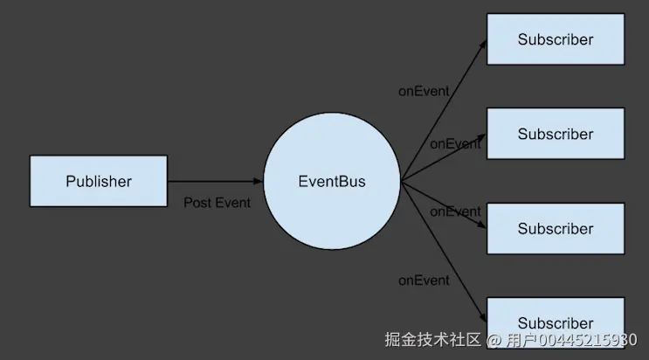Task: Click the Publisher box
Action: tap(99, 182)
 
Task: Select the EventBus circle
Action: tap(332, 182)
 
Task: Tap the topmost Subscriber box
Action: tap(556, 39)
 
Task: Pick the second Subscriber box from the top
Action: tap(556, 134)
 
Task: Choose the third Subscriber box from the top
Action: tap(556, 229)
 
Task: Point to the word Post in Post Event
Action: tap(198, 203)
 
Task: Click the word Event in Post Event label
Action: tap(232, 203)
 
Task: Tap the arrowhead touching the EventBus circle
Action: tap(258, 181)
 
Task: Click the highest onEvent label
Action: tap(424, 91)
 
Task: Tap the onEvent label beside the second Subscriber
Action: tap(454, 143)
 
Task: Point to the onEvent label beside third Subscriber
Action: tap(455, 211)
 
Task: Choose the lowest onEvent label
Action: tap(424, 280)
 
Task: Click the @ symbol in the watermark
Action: tap(494, 339)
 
